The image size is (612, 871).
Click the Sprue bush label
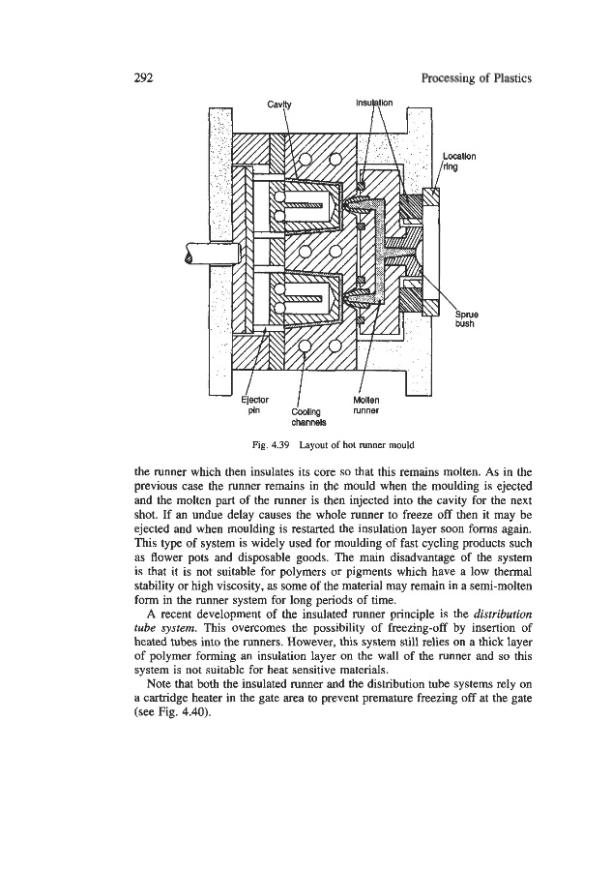tap(467, 317)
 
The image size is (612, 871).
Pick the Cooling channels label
tap(307, 415)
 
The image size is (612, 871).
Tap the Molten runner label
tap(370, 403)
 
